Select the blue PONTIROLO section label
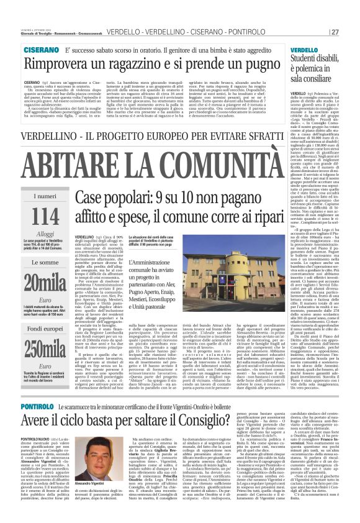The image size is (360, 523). point(40,388)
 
